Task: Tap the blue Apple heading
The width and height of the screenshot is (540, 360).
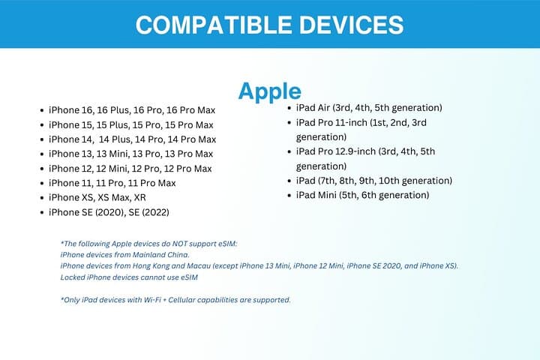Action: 270,91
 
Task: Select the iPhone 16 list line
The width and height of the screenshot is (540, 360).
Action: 132,110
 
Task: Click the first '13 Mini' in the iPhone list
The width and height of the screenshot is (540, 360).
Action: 112,154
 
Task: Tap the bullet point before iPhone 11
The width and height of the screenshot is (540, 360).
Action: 42,183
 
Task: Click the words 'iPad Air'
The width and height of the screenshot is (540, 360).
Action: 313,108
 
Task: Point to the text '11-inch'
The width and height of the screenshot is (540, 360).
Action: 351,123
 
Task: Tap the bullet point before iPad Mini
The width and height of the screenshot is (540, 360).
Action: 289,196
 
